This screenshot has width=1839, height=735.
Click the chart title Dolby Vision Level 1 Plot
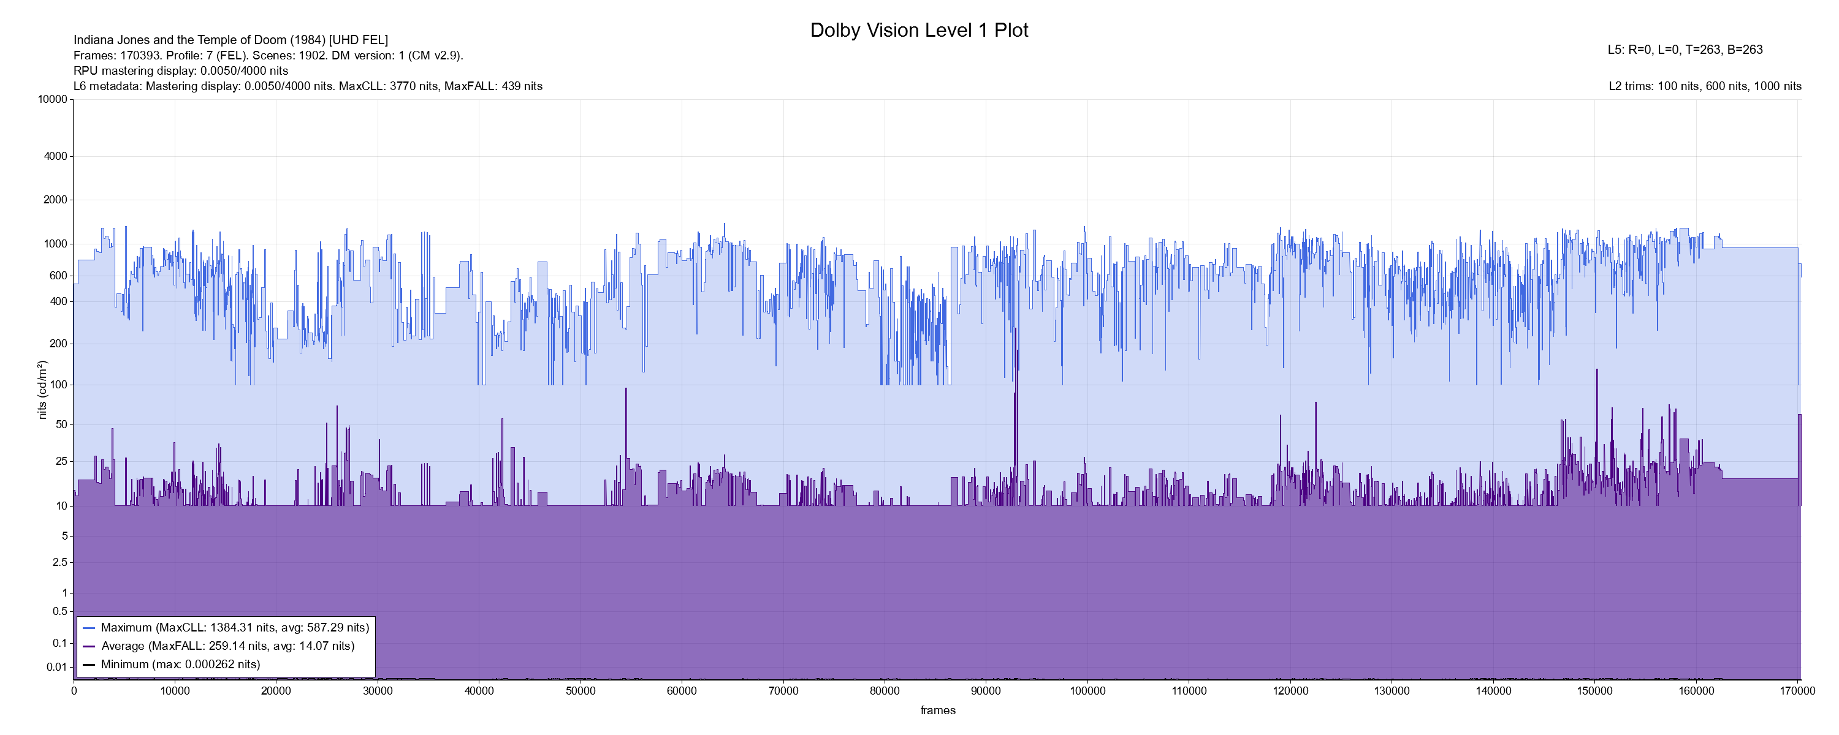[x=919, y=30]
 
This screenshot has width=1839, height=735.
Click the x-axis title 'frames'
[x=937, y=710]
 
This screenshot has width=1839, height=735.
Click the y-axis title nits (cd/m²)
[x=42, y=390]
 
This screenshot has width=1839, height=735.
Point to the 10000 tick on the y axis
[x=53, y=99]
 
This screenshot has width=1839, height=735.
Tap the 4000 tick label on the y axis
[x=56, y=156]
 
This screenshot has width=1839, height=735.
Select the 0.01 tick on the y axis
[x=56, y=667]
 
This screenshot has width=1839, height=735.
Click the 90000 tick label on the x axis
[x=986, y=691]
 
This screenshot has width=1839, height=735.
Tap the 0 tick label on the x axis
[x=74, y=691]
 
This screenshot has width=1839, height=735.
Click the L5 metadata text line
[x=1685, y=50]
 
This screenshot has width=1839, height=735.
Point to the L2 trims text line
[x=1705, y=86]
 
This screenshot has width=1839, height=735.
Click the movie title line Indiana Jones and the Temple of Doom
[x=230, y=40]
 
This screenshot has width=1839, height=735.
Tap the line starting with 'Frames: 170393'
[x=268, y=56]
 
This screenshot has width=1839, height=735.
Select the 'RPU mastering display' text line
[x=181, y=70]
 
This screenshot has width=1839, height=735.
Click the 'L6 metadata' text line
[x=308, y=86]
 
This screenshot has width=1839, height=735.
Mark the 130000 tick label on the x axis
[x=1392, y=691]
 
